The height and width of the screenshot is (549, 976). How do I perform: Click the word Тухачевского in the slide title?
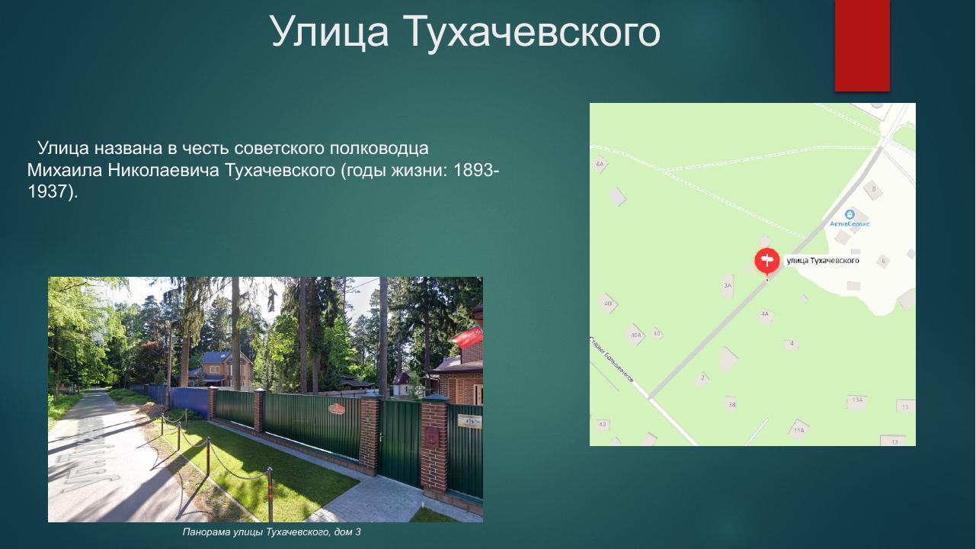(x=530, y=32)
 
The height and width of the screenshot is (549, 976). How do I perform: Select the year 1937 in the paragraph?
(x=47, y=191)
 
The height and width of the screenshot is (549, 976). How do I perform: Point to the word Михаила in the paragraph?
(x=64, y=169)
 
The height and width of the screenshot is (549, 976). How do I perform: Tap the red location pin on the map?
(x=766, y=262)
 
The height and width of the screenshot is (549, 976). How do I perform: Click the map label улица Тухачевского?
(x=823, y=261)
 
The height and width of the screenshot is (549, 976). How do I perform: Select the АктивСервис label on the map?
(x=850, y=223)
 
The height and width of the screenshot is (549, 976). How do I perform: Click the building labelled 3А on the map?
(x=728, y=286)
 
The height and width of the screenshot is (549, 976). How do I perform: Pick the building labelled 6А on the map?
(x=600, y=164)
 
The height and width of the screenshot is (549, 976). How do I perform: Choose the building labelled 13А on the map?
(x=857, y=400)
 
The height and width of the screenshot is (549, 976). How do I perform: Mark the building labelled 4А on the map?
(x=765, y=313)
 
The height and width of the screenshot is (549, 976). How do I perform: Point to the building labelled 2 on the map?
(x=702, y=377)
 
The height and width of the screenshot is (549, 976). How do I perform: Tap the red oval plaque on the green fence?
(x=337, y=409)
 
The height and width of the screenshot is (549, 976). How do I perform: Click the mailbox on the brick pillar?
(x=432, y=436)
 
